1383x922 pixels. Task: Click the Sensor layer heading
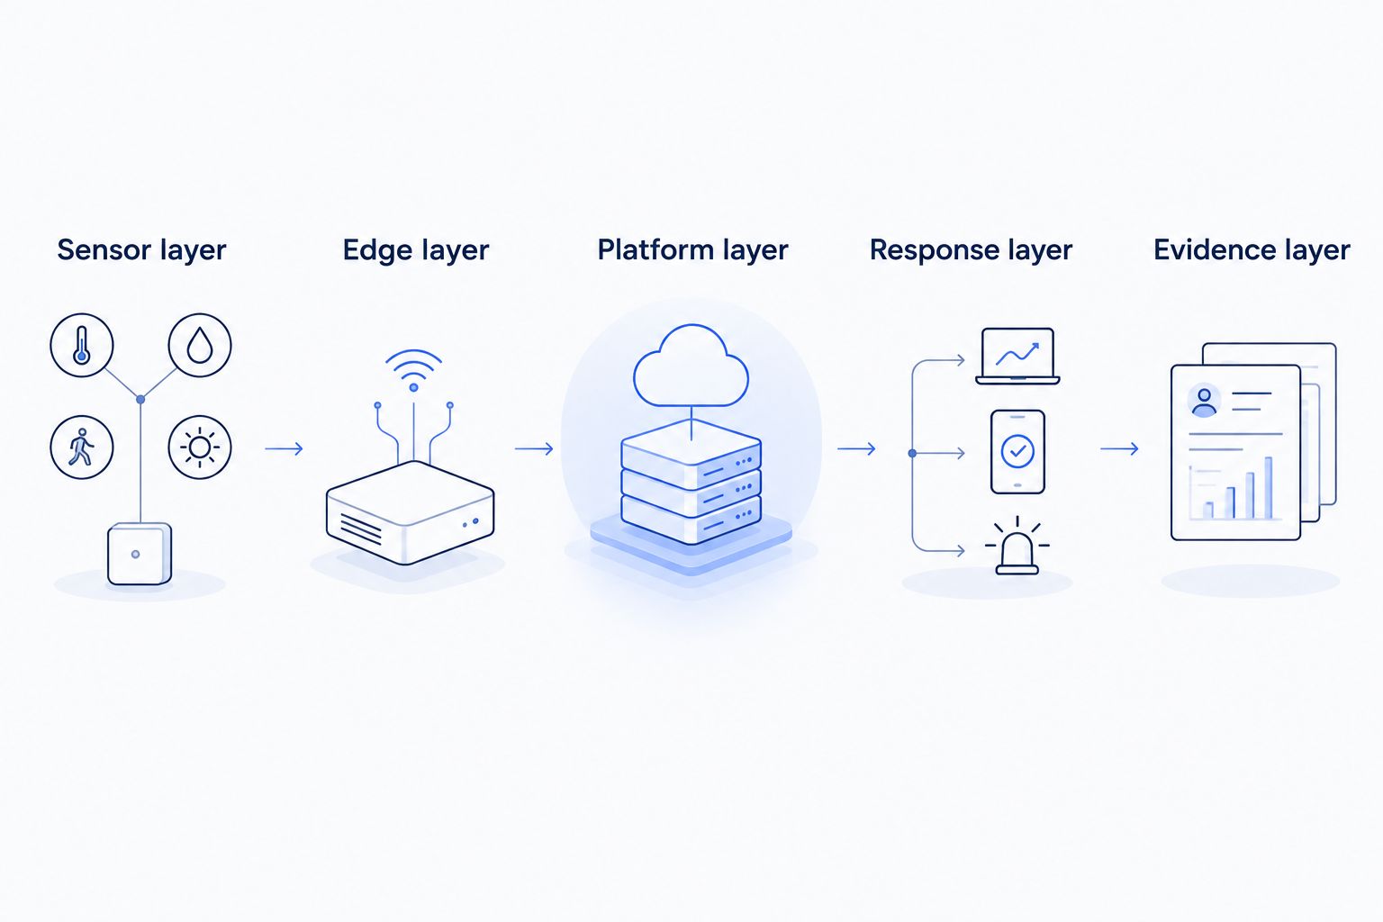(141, 250)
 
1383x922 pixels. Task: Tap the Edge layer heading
(415, 250)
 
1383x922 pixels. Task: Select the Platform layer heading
(692, 250)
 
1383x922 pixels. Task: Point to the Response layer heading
(971, 250)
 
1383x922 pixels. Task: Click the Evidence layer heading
(1252, 250)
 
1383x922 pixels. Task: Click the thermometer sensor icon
(82, 345)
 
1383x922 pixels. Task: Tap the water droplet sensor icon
(199, 345)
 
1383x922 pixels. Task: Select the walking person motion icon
(82, 447)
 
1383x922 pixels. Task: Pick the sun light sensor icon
(199, 447)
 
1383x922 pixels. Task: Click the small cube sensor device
(140, 554)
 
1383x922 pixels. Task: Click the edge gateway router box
(410, 512)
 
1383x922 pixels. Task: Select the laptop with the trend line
(1017, 357)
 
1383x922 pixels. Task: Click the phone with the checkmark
(1017, 452)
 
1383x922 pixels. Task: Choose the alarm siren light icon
(1017, 547)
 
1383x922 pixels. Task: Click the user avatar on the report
(1204, 402)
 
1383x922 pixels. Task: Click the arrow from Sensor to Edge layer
(284, 448)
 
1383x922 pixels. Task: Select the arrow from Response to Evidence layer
(1119, 448)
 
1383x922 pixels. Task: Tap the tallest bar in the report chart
(1268, 488)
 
